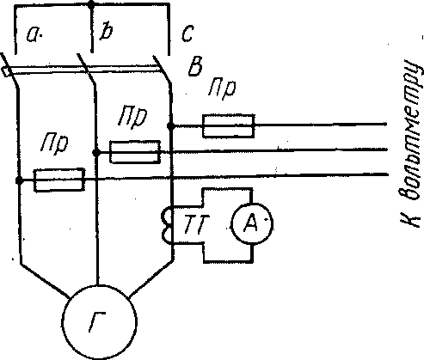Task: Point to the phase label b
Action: pyautogui.click(x=106, y=32)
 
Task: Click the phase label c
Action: pyautogui.click(x=188, y=33)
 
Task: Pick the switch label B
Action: pyautogui.click(x=196, y=66)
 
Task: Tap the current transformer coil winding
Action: pyautogui.click(x=167, y=224)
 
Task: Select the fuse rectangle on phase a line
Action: pyautogui.click(x=59, y=180)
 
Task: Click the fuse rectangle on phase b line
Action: pyautogui.click(x=135, y=152)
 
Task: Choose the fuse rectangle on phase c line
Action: pyautogui.click(x=228, y=126)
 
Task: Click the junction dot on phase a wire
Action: pyautogui.click(x=19, y=180)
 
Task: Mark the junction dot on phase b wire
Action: pyautogui.click(x=96, y=152)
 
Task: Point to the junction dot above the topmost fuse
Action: pyautogui.click(x=171, y=125)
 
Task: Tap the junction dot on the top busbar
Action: pyautogui.click(x=91, y=4)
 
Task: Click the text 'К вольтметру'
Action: pyautogui.click(x=412, y=143)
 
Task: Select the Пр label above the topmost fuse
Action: pyautogui.click(x=222, y=88)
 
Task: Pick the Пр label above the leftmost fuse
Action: pyautogui.click(x=54, y=144)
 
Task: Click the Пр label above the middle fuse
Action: pyautogui.click(x=132, y=116)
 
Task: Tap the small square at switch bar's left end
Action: pyautogui.click(x=6, y=71)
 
